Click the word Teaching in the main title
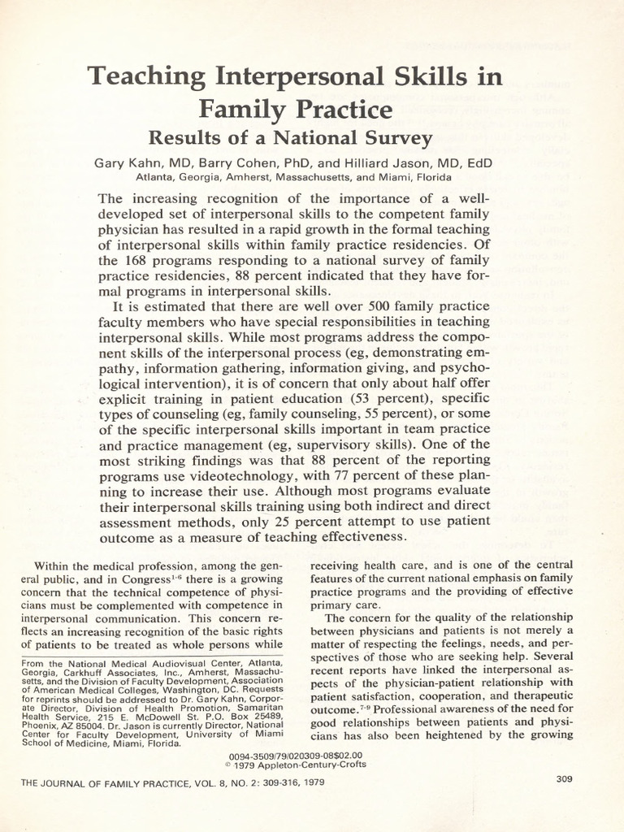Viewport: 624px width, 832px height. tap(145, 77)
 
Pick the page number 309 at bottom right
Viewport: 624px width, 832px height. tap(565, 778)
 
